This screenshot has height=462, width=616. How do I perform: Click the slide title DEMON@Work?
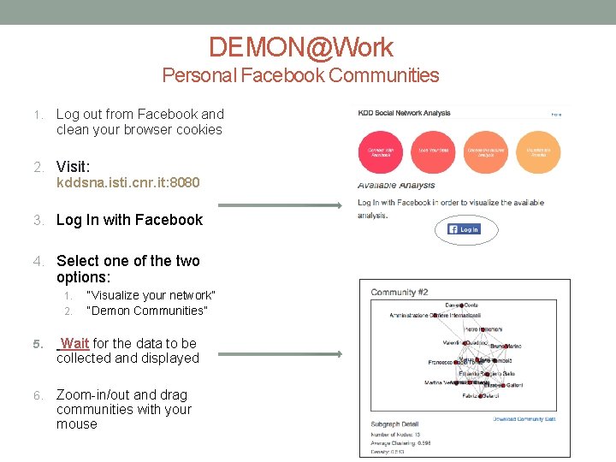pyautogui.click(x=300, y=47)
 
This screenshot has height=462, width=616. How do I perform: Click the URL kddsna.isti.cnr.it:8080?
pyautogui.click(x=128, y=183)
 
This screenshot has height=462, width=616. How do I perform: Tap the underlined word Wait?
pyautogui.click(x=74, y=343)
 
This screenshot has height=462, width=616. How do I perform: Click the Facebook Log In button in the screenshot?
pyautogui.click(x=465, y=229)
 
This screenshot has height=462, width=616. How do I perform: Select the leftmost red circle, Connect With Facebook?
pyautogui.click(x=380, y=152)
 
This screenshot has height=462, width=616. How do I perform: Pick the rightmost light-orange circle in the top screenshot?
pyautogui.click(x=538, y=152)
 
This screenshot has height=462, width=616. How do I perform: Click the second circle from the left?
pyautogui.click(x=433, y=152)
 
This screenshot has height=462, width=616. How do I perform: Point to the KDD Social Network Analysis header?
pyautogui.click(x=405, y=113)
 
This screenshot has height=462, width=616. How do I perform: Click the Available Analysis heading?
pyautogui.click(x=396, y=185)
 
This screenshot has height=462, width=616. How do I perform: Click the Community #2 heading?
pyautogui.click(x=400, y=293)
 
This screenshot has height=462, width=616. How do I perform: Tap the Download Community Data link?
pyautogui.click(x=524, y=418)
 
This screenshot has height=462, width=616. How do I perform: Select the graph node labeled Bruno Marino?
pyautogui.click(x=506, y=346)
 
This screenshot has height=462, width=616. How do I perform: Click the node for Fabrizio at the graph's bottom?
pyautogui.click(x=482, y=396)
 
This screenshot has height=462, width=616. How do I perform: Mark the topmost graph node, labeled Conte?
pyautogui.click(x=463, y=305)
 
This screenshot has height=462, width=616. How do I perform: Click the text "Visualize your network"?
pyautogui.click(x=151, y=295)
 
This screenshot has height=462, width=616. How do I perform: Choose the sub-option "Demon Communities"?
pyautogui.click(x=147, y=311)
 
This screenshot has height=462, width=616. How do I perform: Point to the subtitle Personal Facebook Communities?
pyautogui.click(x=300, y=75)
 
